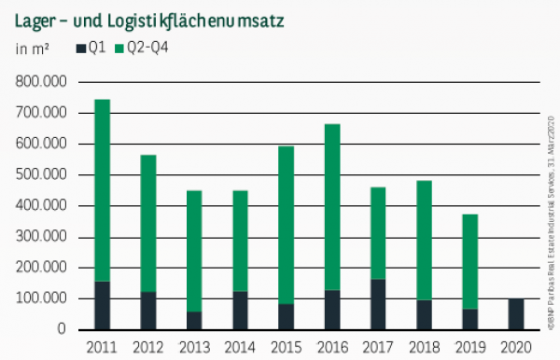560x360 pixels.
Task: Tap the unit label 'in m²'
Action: [x=32, y=48]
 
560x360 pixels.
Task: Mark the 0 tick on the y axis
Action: [x=63, y=329]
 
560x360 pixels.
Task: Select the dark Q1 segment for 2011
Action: [x=103, y=305]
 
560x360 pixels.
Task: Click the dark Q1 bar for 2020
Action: [x=515, y=314]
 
